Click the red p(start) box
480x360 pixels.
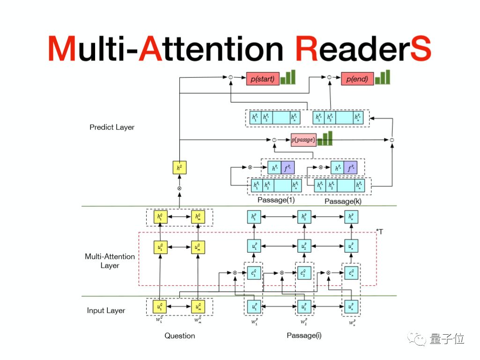coord(262,78)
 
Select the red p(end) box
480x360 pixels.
coord(357,78)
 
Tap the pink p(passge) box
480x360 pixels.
coord(303,139)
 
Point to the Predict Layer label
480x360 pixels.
coord(112,127)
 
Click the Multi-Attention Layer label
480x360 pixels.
coord(110,261)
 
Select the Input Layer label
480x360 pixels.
coord(106,310)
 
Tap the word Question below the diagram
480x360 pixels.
coord(179,336)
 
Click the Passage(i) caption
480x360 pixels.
coord(304,335)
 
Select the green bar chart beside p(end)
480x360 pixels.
coord(383,77)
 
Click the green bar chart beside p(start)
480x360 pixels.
coord(288,77)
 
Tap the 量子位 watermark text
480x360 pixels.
coord(446,339)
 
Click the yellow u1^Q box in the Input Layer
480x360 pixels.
coord(160,307)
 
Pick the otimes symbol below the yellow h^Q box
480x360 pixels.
coord(179,188)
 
